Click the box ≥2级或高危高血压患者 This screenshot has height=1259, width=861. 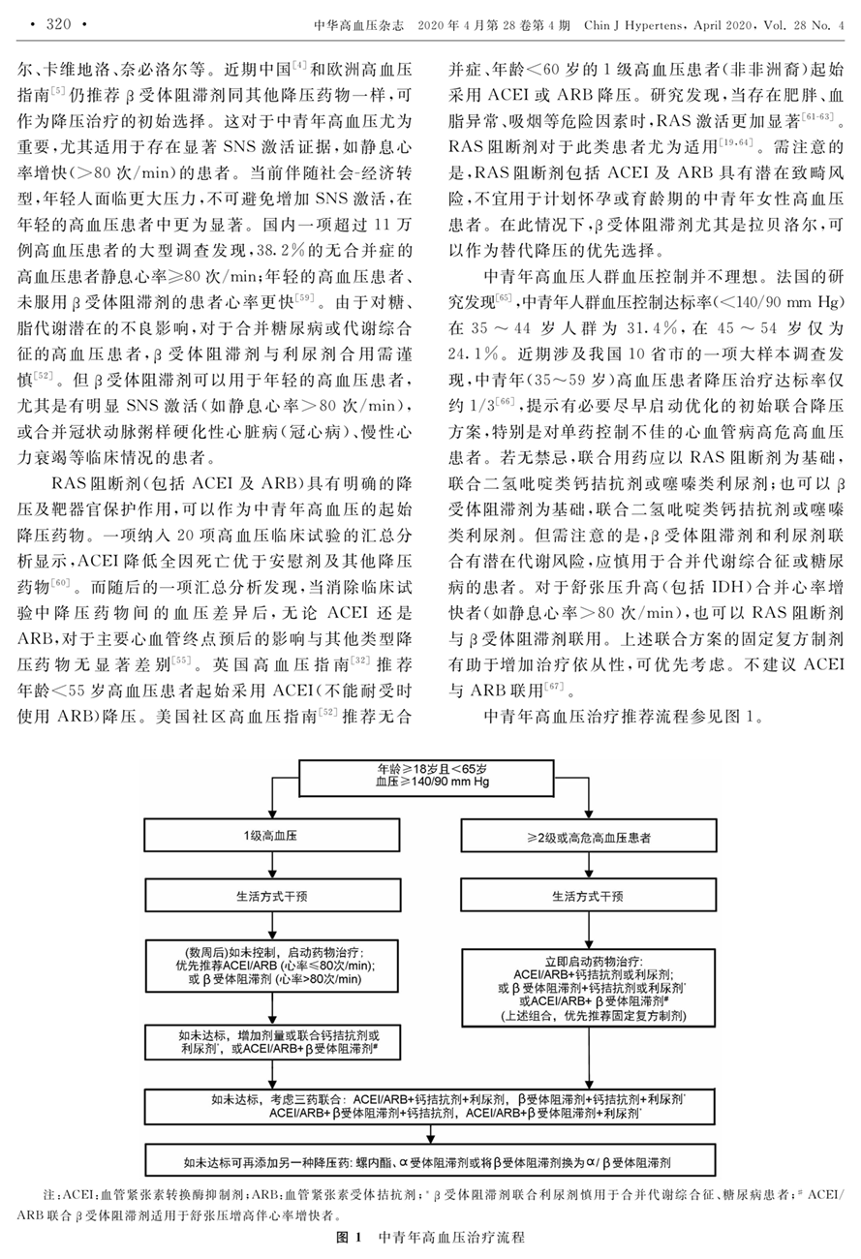(x=596, y=835)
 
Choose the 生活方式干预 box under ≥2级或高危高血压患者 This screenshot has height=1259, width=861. (x=596, y=895)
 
